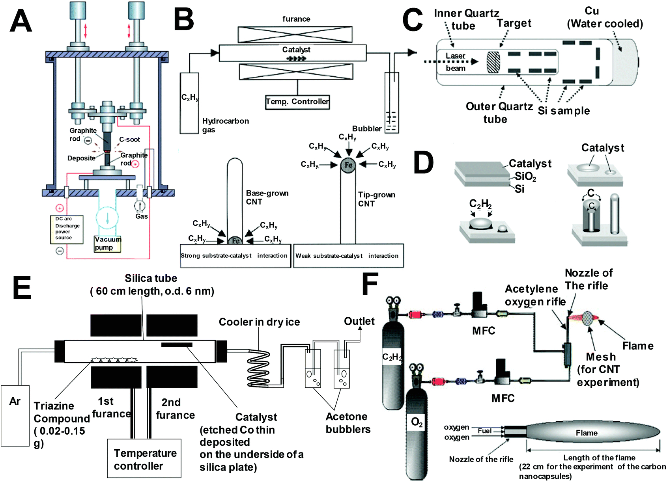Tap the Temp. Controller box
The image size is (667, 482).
click(297, 102)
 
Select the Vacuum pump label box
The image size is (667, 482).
click(107, 244)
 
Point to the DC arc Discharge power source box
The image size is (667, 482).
click(67, 229)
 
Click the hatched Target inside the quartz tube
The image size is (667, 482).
click(493, 62)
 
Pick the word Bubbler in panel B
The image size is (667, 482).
click(366, 128)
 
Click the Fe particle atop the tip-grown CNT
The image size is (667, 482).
click(348, 165)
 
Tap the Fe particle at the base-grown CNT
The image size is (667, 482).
click(235, 240)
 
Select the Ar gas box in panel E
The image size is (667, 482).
click(15, 415)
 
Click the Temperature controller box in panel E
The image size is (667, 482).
click(144, 459)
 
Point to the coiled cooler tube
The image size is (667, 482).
click(259, 368)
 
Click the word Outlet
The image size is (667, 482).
click(359, 321)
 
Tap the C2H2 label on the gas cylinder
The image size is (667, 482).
click(392, 357)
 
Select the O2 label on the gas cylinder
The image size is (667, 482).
click(417, 422)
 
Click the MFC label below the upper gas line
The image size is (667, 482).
click(484, 331)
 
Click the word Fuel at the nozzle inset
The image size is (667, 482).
click(484, 431)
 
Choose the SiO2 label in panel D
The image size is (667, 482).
click(525, 177)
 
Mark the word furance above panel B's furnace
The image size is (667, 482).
click(296, 19)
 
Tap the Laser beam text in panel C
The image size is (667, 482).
click(456, 62)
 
